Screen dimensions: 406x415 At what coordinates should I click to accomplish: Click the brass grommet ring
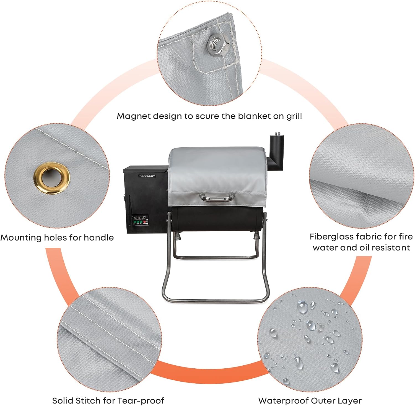coord(51,178)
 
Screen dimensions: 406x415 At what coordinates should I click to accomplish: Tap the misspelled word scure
coord(207,116)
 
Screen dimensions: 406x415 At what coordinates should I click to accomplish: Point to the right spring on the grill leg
coord(256,237)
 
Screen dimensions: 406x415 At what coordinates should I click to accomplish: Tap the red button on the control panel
coord(144,222)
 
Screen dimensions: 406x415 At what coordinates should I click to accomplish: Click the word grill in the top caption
coord(294,116)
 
